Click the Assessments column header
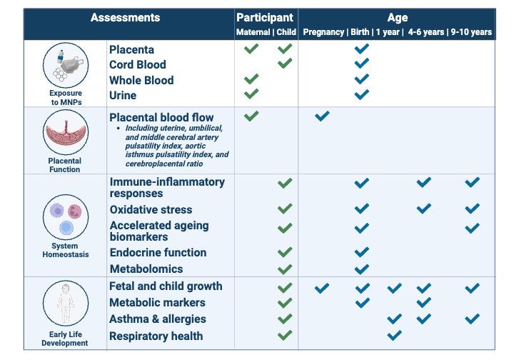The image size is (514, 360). tap(125, 17)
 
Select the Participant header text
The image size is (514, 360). tap(266, 17)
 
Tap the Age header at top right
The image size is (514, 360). tap(397, 17)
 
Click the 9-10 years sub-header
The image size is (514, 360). tap(471, 32)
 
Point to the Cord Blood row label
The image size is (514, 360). tap(138, 64)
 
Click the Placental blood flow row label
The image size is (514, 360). tap(161, 117)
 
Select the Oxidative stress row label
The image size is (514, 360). tap(151, 209)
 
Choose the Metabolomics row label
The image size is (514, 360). tap(146, 269)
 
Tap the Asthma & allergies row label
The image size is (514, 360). tap(158, 319)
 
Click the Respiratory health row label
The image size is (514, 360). tap(156, 336)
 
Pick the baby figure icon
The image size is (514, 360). tap(65, 303)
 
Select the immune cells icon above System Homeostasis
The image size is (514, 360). tap(65, 217)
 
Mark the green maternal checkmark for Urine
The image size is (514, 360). tap(251, 94)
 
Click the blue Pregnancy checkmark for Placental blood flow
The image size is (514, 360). tap(322, 115)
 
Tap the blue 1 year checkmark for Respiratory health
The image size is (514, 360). tap(394, 335)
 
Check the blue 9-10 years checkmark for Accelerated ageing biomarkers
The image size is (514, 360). tap(472, 229)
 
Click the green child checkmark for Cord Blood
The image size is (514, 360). tap(285, 64)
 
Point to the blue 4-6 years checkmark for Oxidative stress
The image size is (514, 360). tap(424, 209)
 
